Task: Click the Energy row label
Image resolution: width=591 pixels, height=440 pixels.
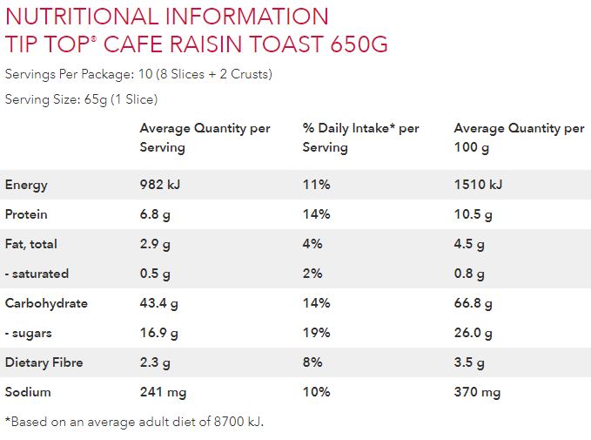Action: click(26, 185)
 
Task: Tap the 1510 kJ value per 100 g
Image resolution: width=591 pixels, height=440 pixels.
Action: click(478, 185)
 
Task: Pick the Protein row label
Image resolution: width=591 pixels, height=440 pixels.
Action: click(26, 214)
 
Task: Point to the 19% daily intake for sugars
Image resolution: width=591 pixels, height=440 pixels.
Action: click(316, 333)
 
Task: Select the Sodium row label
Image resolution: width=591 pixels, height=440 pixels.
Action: click(27, 392)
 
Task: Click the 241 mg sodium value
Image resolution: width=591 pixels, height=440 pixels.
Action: click(164, 392)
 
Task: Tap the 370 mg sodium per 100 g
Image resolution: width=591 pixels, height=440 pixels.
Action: click(477, 392)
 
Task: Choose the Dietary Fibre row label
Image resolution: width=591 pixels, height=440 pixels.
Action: click(44, 362)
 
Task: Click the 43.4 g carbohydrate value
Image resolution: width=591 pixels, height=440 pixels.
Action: click(159, 303)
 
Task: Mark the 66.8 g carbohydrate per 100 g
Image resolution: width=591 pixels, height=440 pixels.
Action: click(473, 303)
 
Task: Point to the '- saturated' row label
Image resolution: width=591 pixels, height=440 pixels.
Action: click(37, 274)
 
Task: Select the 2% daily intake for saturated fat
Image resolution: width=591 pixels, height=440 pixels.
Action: click(312, 274)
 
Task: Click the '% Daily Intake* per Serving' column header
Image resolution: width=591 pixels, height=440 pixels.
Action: click(360, 138)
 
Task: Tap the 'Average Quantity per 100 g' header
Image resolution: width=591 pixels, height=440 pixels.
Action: click(519, 138)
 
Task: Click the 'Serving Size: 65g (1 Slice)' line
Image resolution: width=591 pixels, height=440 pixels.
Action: click(81, 99)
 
